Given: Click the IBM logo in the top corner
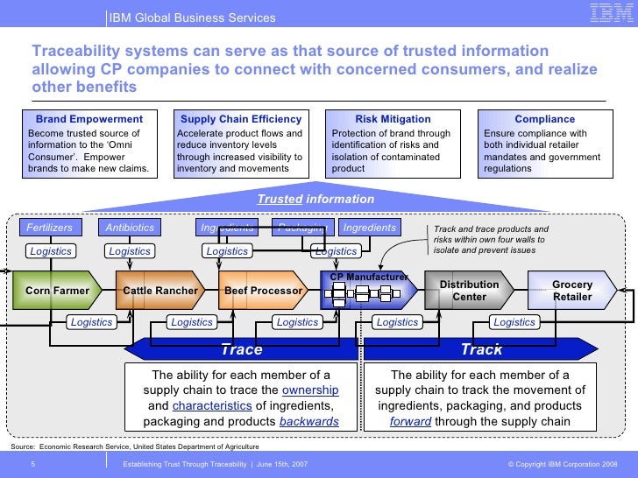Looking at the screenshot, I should [x=608, y=13].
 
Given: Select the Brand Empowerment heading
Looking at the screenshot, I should [x=89, y=119].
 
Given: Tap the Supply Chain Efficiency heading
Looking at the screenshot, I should [x=240, y=119].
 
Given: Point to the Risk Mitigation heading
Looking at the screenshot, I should [x=393, y=119].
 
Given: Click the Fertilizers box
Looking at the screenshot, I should [x=48, y=228].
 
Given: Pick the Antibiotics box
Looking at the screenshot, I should [x=130, y=228].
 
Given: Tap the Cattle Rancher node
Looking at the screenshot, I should [x=160, y=290].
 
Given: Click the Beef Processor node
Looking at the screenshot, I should [x=263, y=290].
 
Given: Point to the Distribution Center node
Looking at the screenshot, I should [x=469, y=290].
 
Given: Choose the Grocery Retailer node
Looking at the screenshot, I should [x=571, y=290].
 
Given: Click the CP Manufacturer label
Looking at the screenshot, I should [x=368, y=277].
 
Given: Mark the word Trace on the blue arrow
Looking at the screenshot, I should [x=241, y=350].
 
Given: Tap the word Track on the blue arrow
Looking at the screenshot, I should [x=481, y=350].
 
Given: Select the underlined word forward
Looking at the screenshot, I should [x=410, y=421].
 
